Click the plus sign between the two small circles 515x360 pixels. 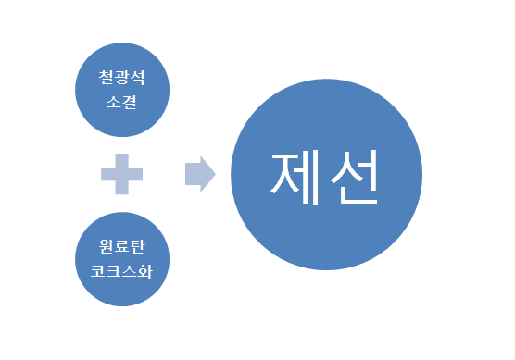122,174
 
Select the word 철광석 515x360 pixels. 123,79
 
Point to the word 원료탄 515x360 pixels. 123,247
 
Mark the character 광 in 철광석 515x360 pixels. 123,79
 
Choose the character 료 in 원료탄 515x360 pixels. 123,247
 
